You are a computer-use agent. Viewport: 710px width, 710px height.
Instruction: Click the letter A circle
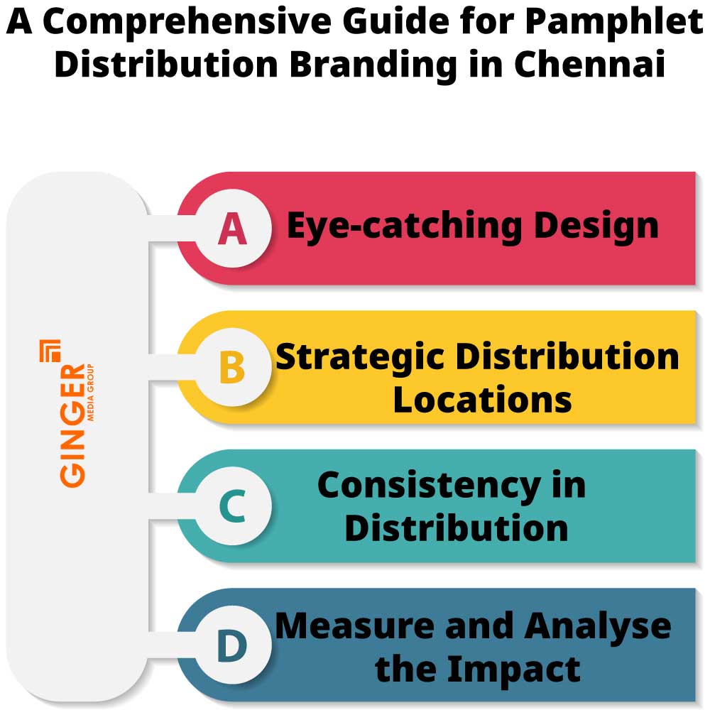coord(233,229)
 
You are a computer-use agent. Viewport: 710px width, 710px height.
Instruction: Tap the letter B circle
coord(233,368)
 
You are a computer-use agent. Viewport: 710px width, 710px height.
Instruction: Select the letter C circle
coord(233,507)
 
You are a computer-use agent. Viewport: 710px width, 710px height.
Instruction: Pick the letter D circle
coord(233,646)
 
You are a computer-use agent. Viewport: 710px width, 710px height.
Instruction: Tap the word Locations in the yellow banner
coord(482,399)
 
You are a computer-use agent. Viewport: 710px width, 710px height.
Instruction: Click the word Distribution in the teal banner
coord(457,528)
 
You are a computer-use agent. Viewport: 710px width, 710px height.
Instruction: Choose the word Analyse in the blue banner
coord(598,626)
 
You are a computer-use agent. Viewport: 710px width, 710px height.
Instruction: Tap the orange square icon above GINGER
coord(50,350)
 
